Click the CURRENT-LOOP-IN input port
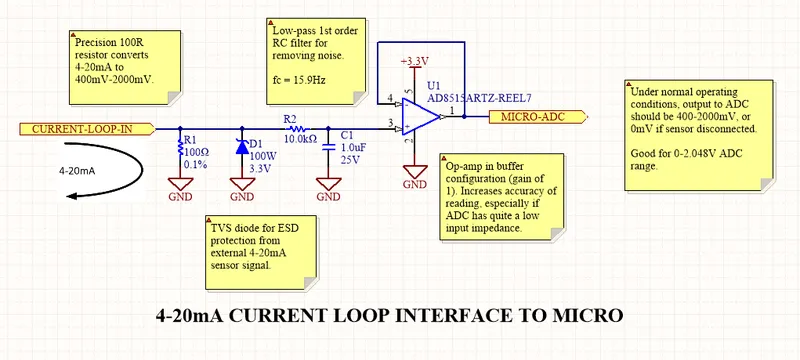click(87, 129)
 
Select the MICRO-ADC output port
click(537, 117)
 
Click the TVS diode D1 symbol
click(242, 146)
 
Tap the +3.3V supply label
click(414, 62)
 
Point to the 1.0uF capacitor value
click(352, 147)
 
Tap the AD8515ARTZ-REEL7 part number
click(475, 98)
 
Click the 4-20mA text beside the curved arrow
click(78, 171)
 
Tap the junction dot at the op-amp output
click(464, 117)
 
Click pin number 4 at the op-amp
click(390, 97)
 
